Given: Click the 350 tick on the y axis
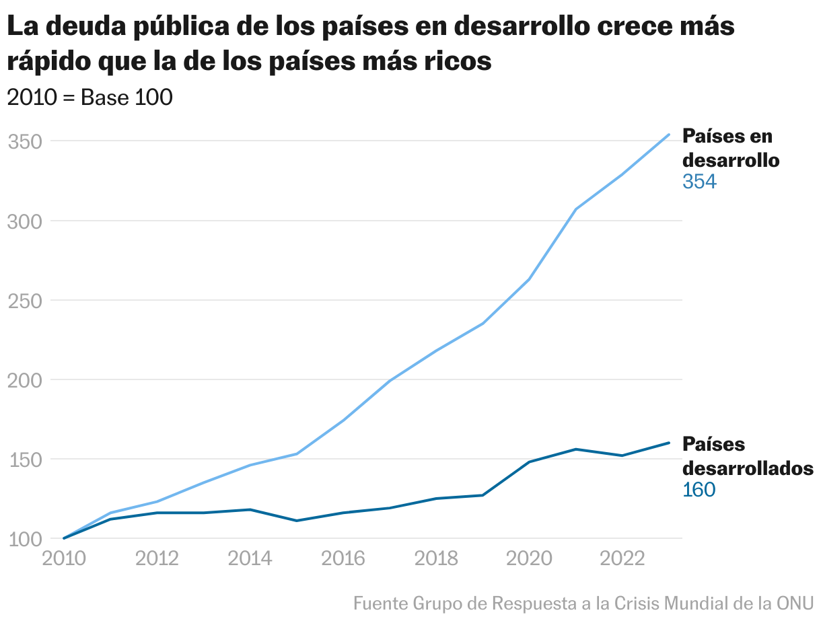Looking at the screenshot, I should (x=25, y=142).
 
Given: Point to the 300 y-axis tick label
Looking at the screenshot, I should (x=25, y=221).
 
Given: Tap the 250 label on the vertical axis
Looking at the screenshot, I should (x=25, y=301).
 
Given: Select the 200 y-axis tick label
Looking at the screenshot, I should (x=25, y=380).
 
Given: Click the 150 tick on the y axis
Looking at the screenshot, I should (x=25, y=460).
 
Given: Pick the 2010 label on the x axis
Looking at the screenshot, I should (x=64, y=559).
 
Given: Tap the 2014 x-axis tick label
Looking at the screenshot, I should (x=250, y=559).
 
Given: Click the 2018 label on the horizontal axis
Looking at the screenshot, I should (x=436, y=559).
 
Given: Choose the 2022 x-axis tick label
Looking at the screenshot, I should (x=622, y=559).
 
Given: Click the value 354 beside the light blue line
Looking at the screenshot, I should (x=699, y=182).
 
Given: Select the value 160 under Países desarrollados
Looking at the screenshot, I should (x=699, y=490).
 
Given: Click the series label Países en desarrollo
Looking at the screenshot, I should (x=731, y=148).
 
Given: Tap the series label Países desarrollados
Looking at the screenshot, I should (x=748, y=456).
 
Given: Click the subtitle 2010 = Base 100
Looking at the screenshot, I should (x=90, y=98).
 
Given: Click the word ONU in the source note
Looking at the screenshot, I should (x=795, y=603).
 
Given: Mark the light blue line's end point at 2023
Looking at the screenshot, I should (x=668, y=135).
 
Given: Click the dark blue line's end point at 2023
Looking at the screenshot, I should (x=668, y=443).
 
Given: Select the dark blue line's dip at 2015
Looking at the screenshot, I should (x=297, y=521).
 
